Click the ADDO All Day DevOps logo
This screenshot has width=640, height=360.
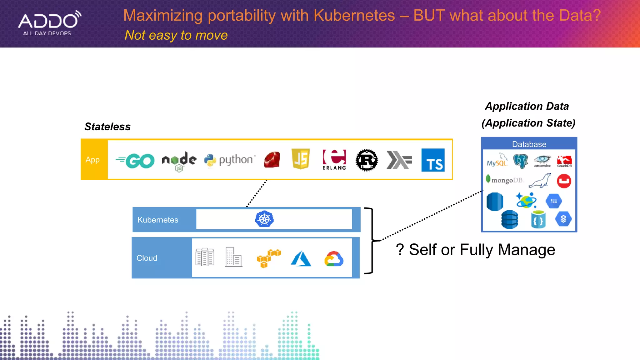pos(49,23)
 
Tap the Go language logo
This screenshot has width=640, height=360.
pos(135,161)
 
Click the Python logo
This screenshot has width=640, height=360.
pos(230,160)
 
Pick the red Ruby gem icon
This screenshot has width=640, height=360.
pos(272,160)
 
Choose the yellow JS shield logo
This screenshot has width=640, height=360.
pos(300,159)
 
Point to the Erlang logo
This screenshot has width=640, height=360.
pos(334,159)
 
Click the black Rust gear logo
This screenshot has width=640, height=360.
pos(367,160)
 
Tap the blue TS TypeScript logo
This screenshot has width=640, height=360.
pos(433,160)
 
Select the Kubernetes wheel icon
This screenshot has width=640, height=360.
pos(264,219)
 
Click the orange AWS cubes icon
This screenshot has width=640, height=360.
pos(268,258)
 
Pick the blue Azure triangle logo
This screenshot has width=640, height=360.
pos(301,258)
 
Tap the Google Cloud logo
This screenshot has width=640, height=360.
pos(334,258)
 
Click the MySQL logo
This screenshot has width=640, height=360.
pos(497,161)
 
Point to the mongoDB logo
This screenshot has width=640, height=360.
pos(504,180)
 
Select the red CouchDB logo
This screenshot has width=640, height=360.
pos(564,161)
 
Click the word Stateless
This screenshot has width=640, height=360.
pos(107,127)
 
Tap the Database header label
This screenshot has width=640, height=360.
pos(529,144)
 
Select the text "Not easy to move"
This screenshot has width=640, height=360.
pos(176,35)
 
